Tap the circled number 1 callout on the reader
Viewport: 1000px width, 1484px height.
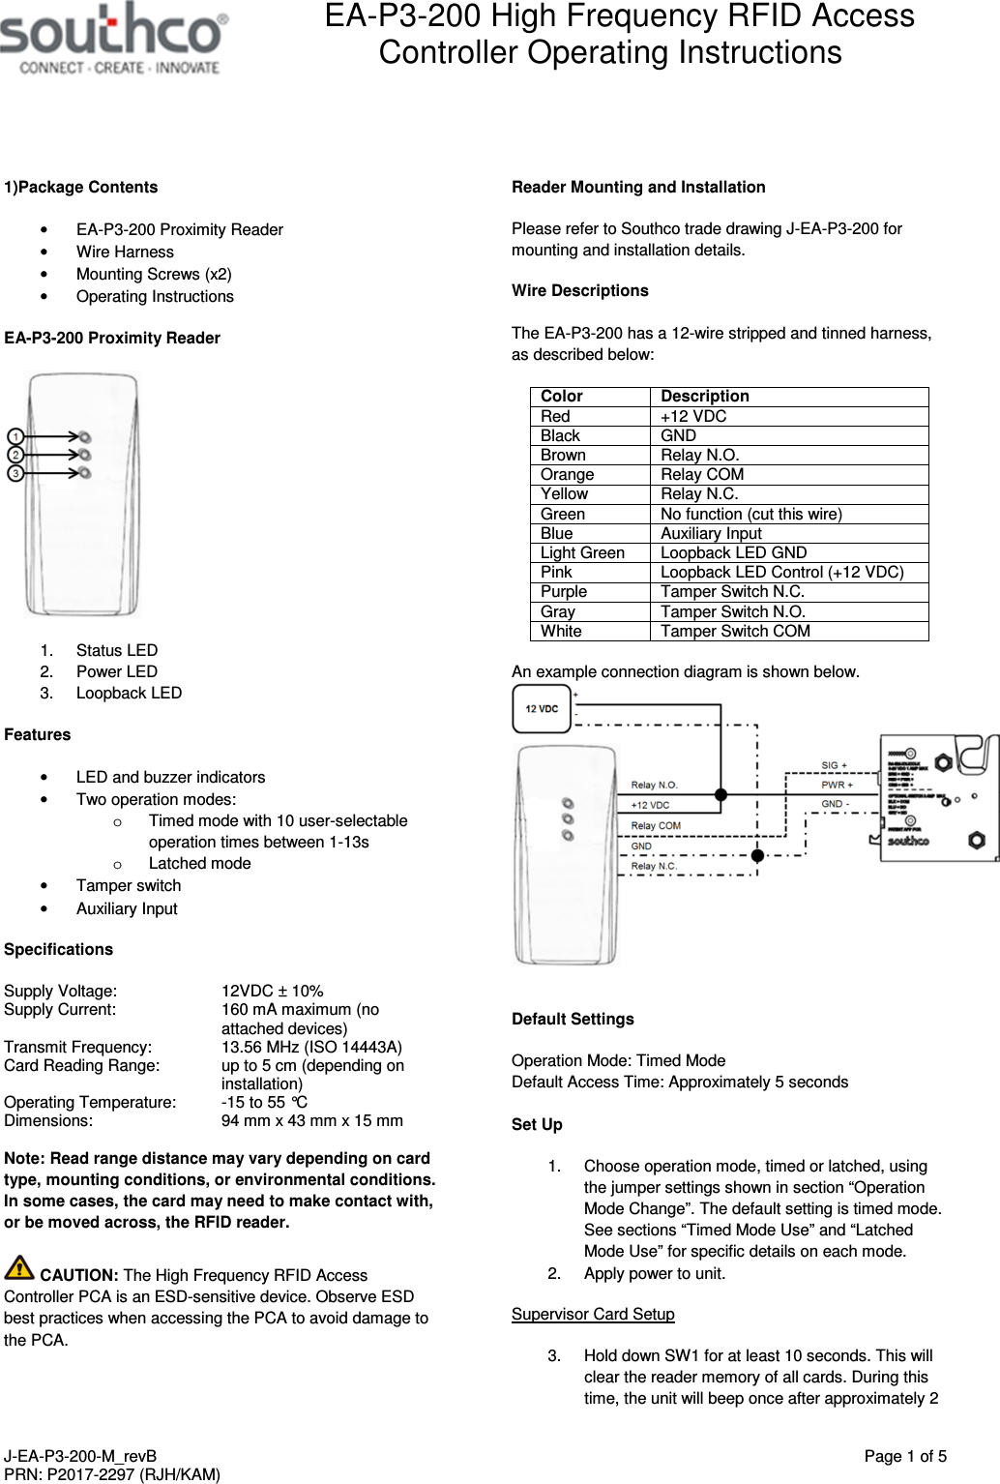(15, 437)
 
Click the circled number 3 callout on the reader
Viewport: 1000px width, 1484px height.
(15, 473)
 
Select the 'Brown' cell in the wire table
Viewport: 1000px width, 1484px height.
(563, 455)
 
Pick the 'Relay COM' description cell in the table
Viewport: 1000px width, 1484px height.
(702, 474)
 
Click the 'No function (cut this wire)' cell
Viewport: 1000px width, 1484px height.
(750, 514)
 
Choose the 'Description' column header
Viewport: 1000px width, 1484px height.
(704, 396)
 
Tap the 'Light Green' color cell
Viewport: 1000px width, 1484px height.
(582, 552)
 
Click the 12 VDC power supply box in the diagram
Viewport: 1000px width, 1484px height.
(542, 709)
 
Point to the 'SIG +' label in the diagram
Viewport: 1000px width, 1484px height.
(834, 765)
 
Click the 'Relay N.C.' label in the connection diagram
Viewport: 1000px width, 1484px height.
(654, 866)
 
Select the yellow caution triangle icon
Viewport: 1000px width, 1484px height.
(19, 1266)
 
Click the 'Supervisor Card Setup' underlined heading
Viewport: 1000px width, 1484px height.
(593, 1314)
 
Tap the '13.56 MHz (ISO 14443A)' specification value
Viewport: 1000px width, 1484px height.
(311, 1047)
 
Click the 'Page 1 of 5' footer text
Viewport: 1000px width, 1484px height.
(904, 1456)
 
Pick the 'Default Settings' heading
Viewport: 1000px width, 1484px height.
(573, 1019)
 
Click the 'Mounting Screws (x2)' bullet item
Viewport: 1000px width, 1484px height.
(154, 274)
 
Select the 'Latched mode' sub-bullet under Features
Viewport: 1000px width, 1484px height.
(199, 863)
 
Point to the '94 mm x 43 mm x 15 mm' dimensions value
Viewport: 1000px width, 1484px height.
(311, 1120)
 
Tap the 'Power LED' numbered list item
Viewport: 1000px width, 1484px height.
(116, 671)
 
